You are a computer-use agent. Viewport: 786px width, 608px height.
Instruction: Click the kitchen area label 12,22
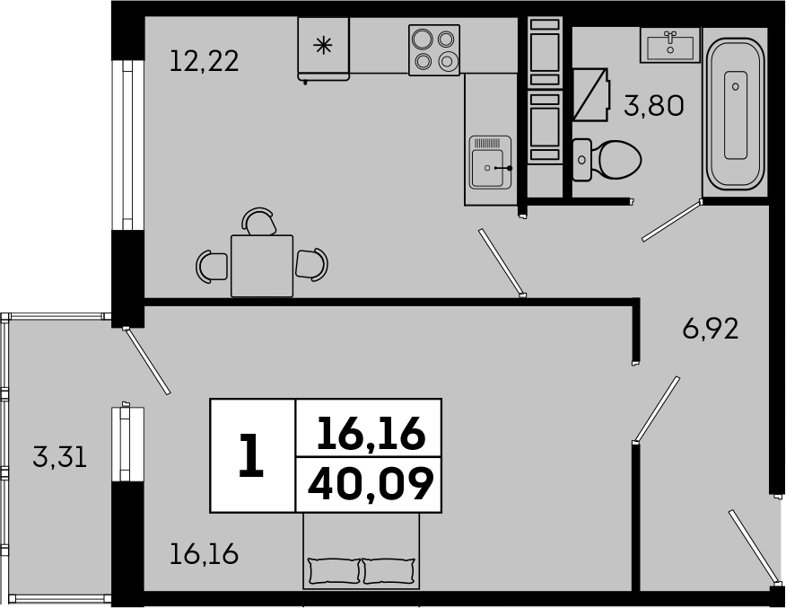[x=204, y=61]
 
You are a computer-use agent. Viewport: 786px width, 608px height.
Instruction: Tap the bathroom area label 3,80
[x=654, y=106]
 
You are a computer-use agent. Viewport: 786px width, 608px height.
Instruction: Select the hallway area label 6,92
[x=711, y=329]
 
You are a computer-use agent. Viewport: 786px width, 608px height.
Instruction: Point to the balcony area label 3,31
[x=59, y=457]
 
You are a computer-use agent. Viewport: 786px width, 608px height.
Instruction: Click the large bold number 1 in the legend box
[x=251, y=455]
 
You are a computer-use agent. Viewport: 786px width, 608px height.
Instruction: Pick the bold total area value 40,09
[x=371, y=484]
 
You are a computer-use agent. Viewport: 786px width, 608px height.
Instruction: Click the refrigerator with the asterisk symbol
[x=323, y=48]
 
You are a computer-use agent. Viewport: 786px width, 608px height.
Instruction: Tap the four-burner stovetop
[x=434, y=50]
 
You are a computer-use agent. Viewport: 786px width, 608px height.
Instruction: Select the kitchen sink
[x=491, y=163]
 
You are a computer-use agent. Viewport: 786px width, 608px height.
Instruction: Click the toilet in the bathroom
[x=607, y=160]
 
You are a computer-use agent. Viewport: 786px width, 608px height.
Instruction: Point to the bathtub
[x=736, y=113]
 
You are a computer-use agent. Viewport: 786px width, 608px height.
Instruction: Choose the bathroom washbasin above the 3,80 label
[x=670, y=45]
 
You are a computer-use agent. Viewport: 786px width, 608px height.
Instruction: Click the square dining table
[x=262, y=266]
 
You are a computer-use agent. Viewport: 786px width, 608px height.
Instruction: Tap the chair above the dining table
[x=258, y=221]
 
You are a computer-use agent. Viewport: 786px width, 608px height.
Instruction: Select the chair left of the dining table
[x=212, y=265]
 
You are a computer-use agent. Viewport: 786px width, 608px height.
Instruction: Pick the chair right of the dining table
[x=311, y=264]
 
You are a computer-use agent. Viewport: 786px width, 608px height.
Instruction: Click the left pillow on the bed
[x=336, y=571]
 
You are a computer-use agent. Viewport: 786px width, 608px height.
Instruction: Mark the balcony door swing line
[x=147, y=361]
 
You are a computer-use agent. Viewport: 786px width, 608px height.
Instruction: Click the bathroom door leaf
[x=672, y=220]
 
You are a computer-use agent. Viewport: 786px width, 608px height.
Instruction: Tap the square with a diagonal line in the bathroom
[x=591, y=94]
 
